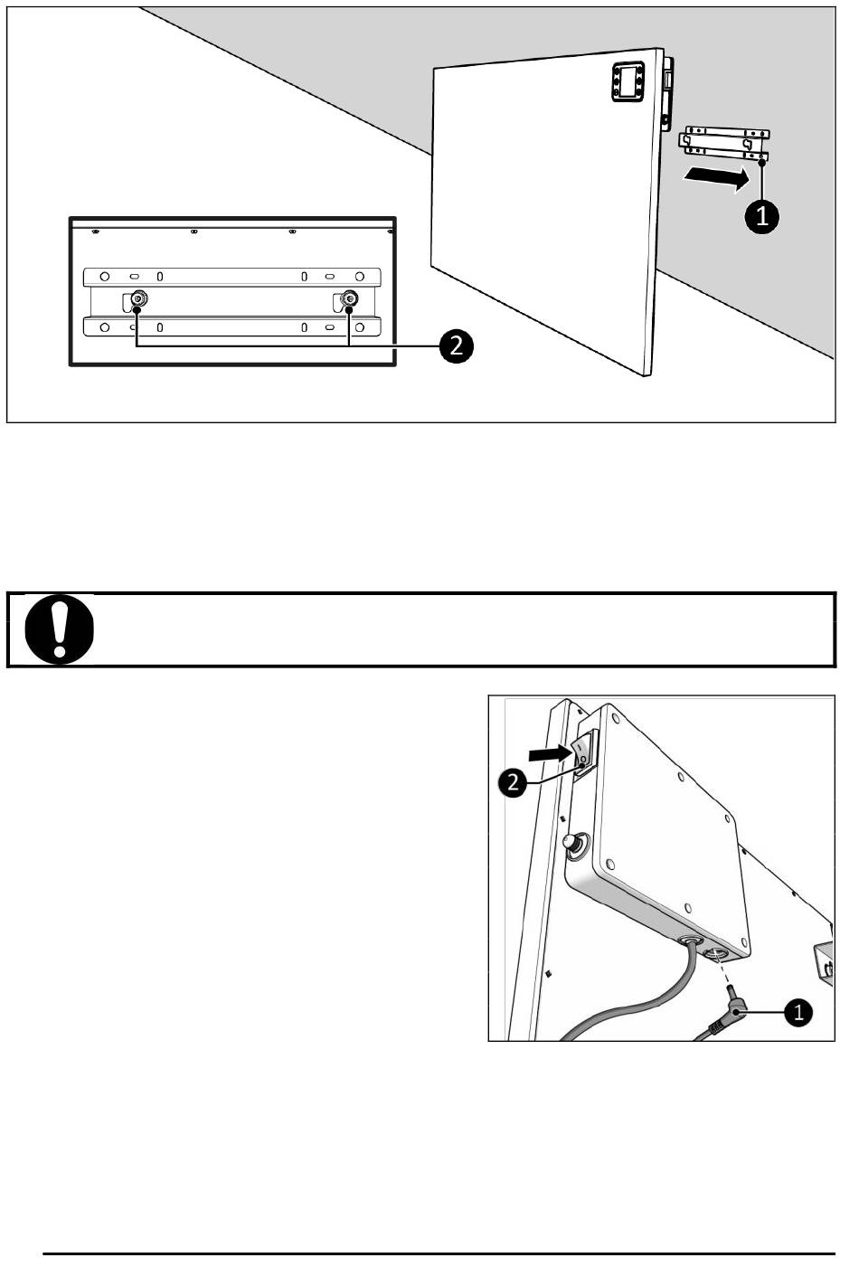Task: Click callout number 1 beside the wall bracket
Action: [x=761, y=217]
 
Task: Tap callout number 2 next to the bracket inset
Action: [x=456, y=346]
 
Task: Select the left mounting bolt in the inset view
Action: [x=137, y=298]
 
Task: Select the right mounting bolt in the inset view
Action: [x=349, y=298]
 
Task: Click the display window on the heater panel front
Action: [x=627, y=82]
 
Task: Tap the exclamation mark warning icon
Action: [x=59, y=629]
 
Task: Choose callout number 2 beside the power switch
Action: [x=514, y=781]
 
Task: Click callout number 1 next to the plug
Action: [x=798, y=1013]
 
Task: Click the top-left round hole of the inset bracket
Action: [x=105, y=276]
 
